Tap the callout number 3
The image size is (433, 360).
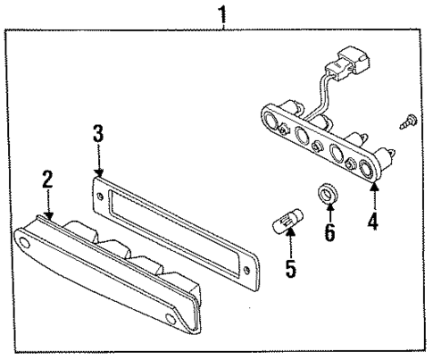[x=99, y=136]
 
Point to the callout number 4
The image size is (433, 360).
[x=373, y=219]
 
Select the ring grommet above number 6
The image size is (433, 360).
[x=328, y=194]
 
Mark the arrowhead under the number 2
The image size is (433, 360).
[x=49, y=213]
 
